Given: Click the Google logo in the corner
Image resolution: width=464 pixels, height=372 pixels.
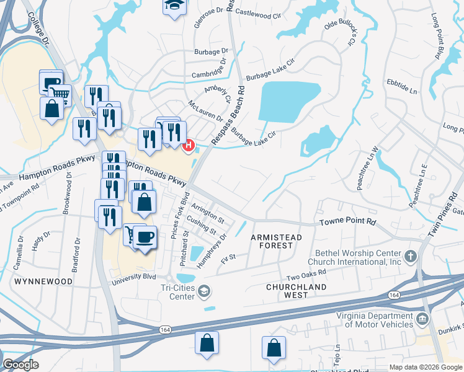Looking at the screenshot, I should [20, 365].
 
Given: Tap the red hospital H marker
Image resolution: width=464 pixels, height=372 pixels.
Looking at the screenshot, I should [189, 146].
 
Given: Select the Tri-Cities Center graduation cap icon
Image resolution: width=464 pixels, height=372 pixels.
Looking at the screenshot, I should [204, 291].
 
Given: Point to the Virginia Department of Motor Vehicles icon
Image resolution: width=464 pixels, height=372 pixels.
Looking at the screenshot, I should [422, 319].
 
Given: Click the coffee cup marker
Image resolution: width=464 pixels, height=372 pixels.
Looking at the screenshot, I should [145, 237].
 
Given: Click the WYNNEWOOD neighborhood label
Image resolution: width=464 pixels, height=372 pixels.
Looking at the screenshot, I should [42, 281].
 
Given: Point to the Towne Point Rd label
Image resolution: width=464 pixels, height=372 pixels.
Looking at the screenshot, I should [348, 221].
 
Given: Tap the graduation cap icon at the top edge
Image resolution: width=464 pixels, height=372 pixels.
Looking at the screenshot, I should [174, 6].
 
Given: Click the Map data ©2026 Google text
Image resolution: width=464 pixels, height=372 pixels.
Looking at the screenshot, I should [426, 366].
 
